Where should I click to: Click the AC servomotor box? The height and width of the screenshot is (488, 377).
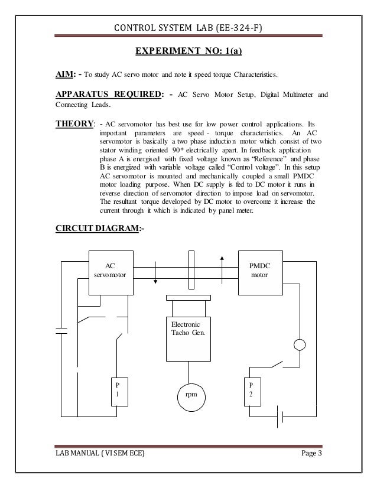coord(110,272)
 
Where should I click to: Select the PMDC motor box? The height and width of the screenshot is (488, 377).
coord(258,272)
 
